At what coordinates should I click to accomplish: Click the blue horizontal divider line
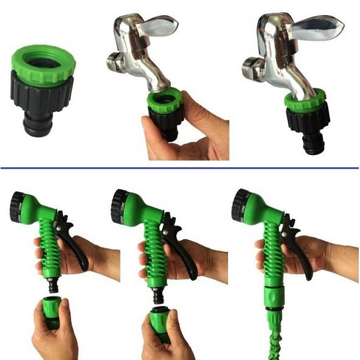180,167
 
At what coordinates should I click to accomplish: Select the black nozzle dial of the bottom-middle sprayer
119,206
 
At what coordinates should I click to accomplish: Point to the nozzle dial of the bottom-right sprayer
240,206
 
